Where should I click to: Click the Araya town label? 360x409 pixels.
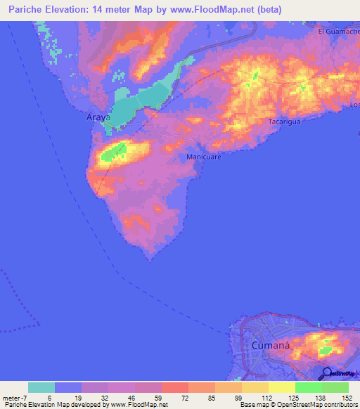(x=98, y=118)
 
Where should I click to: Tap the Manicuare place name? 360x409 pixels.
(x=204, y=157)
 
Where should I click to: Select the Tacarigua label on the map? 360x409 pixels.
(x=285, y=122)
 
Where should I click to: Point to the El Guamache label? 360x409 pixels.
(x=338, y=31)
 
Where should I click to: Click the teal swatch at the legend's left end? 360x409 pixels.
(x=41, y=387)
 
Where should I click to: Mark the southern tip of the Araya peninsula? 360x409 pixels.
(x=150, y=259)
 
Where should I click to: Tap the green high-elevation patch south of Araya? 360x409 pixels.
(x=113, y=151)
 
